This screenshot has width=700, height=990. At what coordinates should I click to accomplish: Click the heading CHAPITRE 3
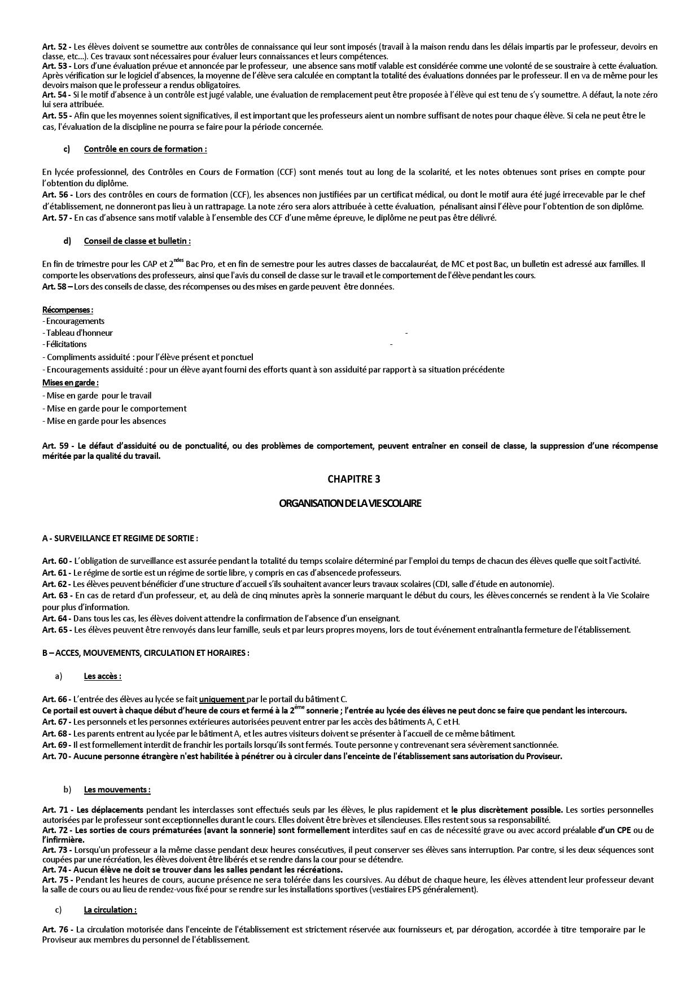[x=353, y=479]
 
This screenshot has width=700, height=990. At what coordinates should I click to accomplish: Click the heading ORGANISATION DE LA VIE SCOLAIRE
[x=350, y=503]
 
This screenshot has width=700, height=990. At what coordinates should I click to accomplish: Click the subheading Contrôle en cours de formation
[x=145, y=149]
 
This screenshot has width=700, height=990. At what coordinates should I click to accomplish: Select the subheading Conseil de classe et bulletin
[x=137, y=241]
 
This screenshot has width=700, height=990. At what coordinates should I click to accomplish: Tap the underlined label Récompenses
[x=68, y=310]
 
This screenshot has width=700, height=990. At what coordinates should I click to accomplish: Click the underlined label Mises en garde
[x=70, y=383]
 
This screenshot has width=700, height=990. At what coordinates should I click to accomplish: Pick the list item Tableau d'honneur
[x=79, y=333]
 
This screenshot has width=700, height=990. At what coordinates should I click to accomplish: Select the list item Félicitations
[x=66, y=344]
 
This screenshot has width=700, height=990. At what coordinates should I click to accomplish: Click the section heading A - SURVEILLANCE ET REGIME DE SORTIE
[x=120, y=538]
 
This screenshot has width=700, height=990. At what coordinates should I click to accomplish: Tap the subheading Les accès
[x=103, y=676]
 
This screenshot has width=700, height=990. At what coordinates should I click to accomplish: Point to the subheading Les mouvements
[x=117, y=790]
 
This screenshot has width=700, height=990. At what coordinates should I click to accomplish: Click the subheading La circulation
[x=110, y=910]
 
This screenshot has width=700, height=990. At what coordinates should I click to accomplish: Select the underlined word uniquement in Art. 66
[x=222, y=699]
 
